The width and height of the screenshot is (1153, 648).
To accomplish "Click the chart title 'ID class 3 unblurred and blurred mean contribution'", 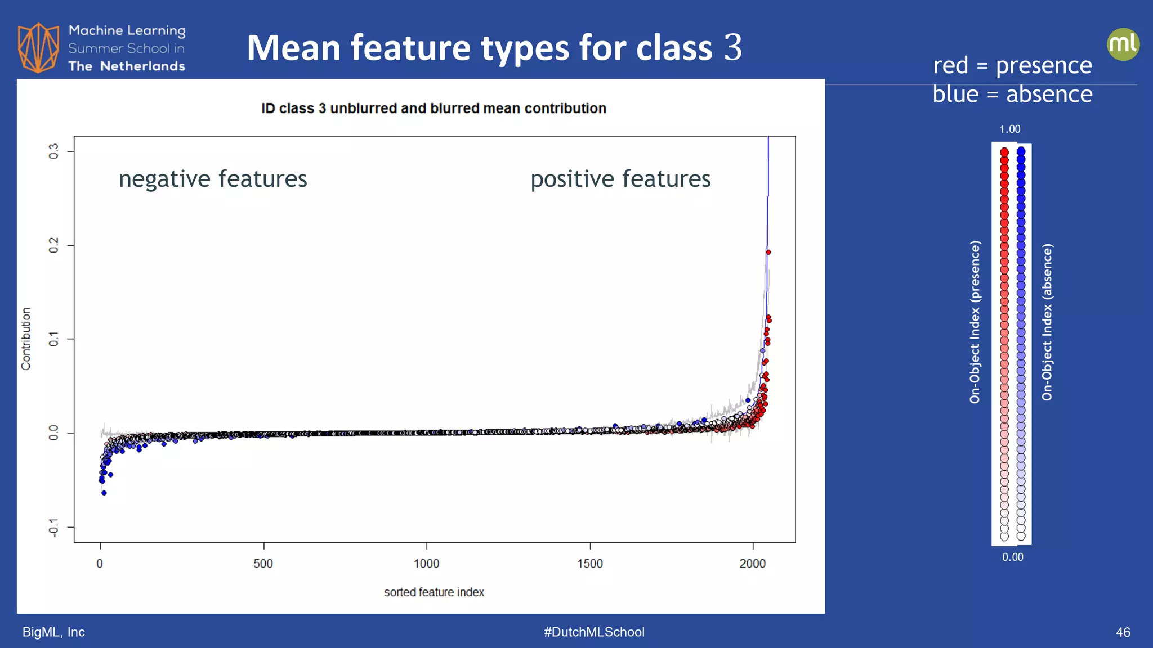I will click(434, 109).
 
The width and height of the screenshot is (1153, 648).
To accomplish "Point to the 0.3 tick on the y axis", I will click(54, 151).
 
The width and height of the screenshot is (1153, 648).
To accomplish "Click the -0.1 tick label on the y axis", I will click(54, 528).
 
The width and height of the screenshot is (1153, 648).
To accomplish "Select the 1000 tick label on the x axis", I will click(426, 564).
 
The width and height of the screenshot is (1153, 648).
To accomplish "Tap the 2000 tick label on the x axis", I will click(752, 564).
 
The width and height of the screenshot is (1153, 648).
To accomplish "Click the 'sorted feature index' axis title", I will click(434, 592).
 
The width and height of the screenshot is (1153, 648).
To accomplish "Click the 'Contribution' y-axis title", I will click(26, 339).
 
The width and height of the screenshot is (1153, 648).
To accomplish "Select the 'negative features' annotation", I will click(213, 179).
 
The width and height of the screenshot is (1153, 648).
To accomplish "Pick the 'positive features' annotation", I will click(620, 179).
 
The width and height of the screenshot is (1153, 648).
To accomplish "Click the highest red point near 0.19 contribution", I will click(768, 252).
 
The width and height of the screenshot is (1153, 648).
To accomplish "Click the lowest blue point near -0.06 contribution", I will click(104, 493).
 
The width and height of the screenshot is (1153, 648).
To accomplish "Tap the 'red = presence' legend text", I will click(1012, 65).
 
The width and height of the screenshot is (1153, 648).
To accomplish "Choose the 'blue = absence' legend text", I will click(1012, 94).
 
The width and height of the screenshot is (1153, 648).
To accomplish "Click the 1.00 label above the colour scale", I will click(1009, 129).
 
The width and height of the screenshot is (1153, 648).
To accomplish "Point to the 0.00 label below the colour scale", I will click(1012, 557).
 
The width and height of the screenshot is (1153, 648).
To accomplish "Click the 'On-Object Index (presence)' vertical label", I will click(975, 322).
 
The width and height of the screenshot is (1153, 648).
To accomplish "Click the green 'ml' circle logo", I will click(1123, 44).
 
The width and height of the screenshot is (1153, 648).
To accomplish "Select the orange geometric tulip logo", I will click(38, 48).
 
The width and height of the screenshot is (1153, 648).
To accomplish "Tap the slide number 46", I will click(1123, 632).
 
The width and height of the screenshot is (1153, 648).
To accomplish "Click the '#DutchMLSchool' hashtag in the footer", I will click(594, 632).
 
